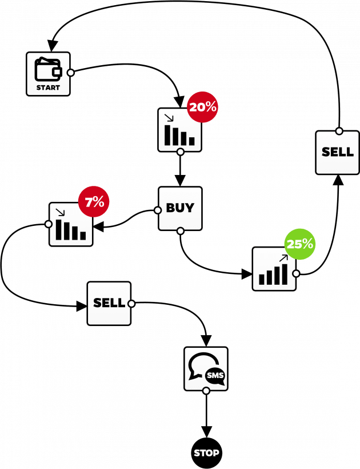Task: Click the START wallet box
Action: (48, 74)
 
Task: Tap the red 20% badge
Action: (202, 107)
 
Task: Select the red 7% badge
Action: (94, 201)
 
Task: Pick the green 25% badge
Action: (299, 244)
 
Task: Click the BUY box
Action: (180, 209)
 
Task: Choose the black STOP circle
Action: (206, 453)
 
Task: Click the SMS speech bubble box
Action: (206, 369)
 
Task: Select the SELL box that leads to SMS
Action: (109, 303)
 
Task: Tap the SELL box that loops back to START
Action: (338, 153)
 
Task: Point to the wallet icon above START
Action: (48, 69)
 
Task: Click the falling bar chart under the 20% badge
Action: (179, 131)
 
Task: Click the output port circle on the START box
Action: (71, 73)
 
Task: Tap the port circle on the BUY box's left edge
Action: (158, 210)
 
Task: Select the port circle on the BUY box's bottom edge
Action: (180, 231)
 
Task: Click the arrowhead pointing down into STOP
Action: (206, 432)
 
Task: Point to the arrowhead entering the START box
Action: (53, 45)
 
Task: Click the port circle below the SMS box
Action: (206, 391)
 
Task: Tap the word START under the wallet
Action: (48, 88)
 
